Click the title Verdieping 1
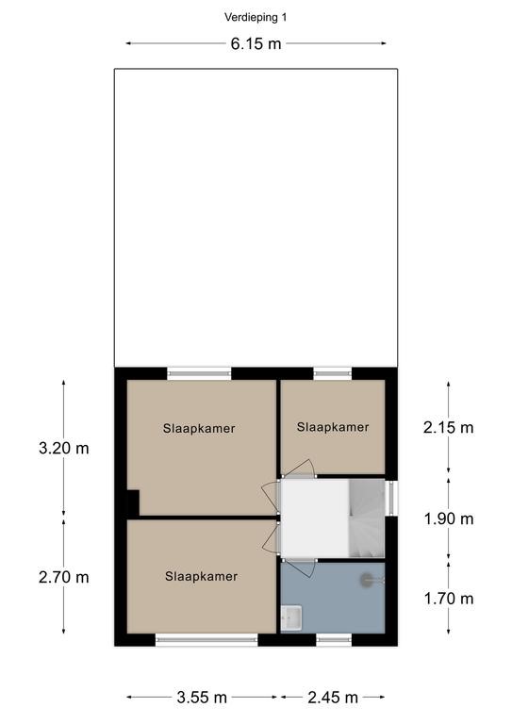[256, 18]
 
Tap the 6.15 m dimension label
[256, 44]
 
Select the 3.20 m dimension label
[64, 448]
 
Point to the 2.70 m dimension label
[64, 577]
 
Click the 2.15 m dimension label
[448, 428]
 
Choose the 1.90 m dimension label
[449, 519]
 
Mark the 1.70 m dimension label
[449, 599]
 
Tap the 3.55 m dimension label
[202, 698]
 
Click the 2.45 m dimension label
[333, 698]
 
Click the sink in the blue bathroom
[291, 617]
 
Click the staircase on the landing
[367, 518]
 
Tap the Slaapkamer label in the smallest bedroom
[333, 427]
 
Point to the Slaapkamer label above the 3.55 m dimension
[201, 576]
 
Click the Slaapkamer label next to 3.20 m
[199, 429]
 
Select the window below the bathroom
[334, 639]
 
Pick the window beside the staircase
[391, 499]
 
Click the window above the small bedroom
[333, 373]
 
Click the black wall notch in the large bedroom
[133, 502]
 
